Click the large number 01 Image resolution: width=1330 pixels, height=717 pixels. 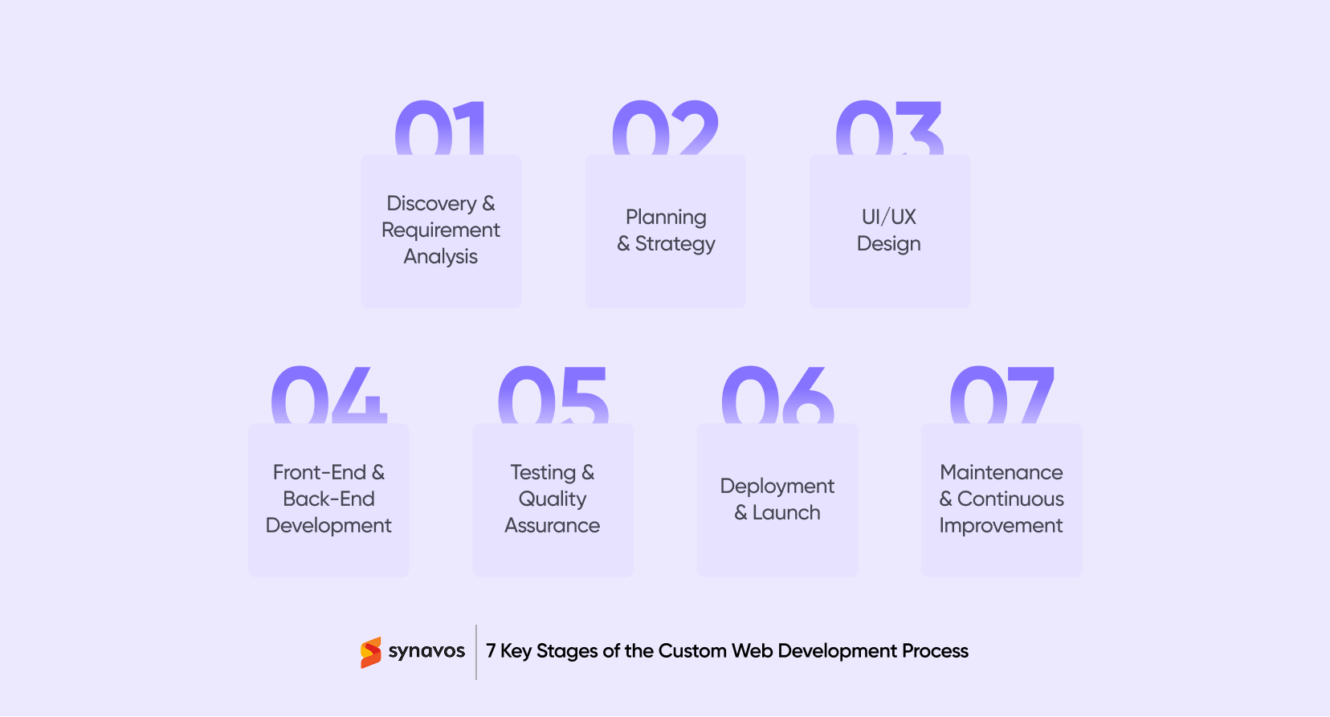point(440,128)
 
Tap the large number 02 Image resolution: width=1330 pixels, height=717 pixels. point(665,128)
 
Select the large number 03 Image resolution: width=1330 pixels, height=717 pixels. point(889,128)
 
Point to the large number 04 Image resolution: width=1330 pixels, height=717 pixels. point(329,395)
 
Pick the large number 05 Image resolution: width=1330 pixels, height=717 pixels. point(553,395)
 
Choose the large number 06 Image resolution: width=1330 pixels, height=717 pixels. point(777,395)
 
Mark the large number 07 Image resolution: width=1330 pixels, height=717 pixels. point(1002,395)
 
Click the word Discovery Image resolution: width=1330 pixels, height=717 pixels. point(431,203)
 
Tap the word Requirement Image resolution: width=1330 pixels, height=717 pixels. point(440,230)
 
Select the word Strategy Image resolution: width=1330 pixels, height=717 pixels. point(675,244)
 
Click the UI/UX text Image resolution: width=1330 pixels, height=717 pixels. point(888,217)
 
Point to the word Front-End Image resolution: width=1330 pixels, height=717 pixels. point(319,472)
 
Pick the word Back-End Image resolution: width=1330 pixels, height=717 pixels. point(328,499)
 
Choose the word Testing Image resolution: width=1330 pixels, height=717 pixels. point(543,472)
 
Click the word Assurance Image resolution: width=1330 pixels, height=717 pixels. point(552,525)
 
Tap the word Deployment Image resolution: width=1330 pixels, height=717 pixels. point(777,486)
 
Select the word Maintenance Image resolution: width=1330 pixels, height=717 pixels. point(1001,472)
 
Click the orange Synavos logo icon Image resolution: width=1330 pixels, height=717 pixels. point(370,652)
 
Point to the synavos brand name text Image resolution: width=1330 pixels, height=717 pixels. point(426,651)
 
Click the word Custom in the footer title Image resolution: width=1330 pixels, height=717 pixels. point(692,651)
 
